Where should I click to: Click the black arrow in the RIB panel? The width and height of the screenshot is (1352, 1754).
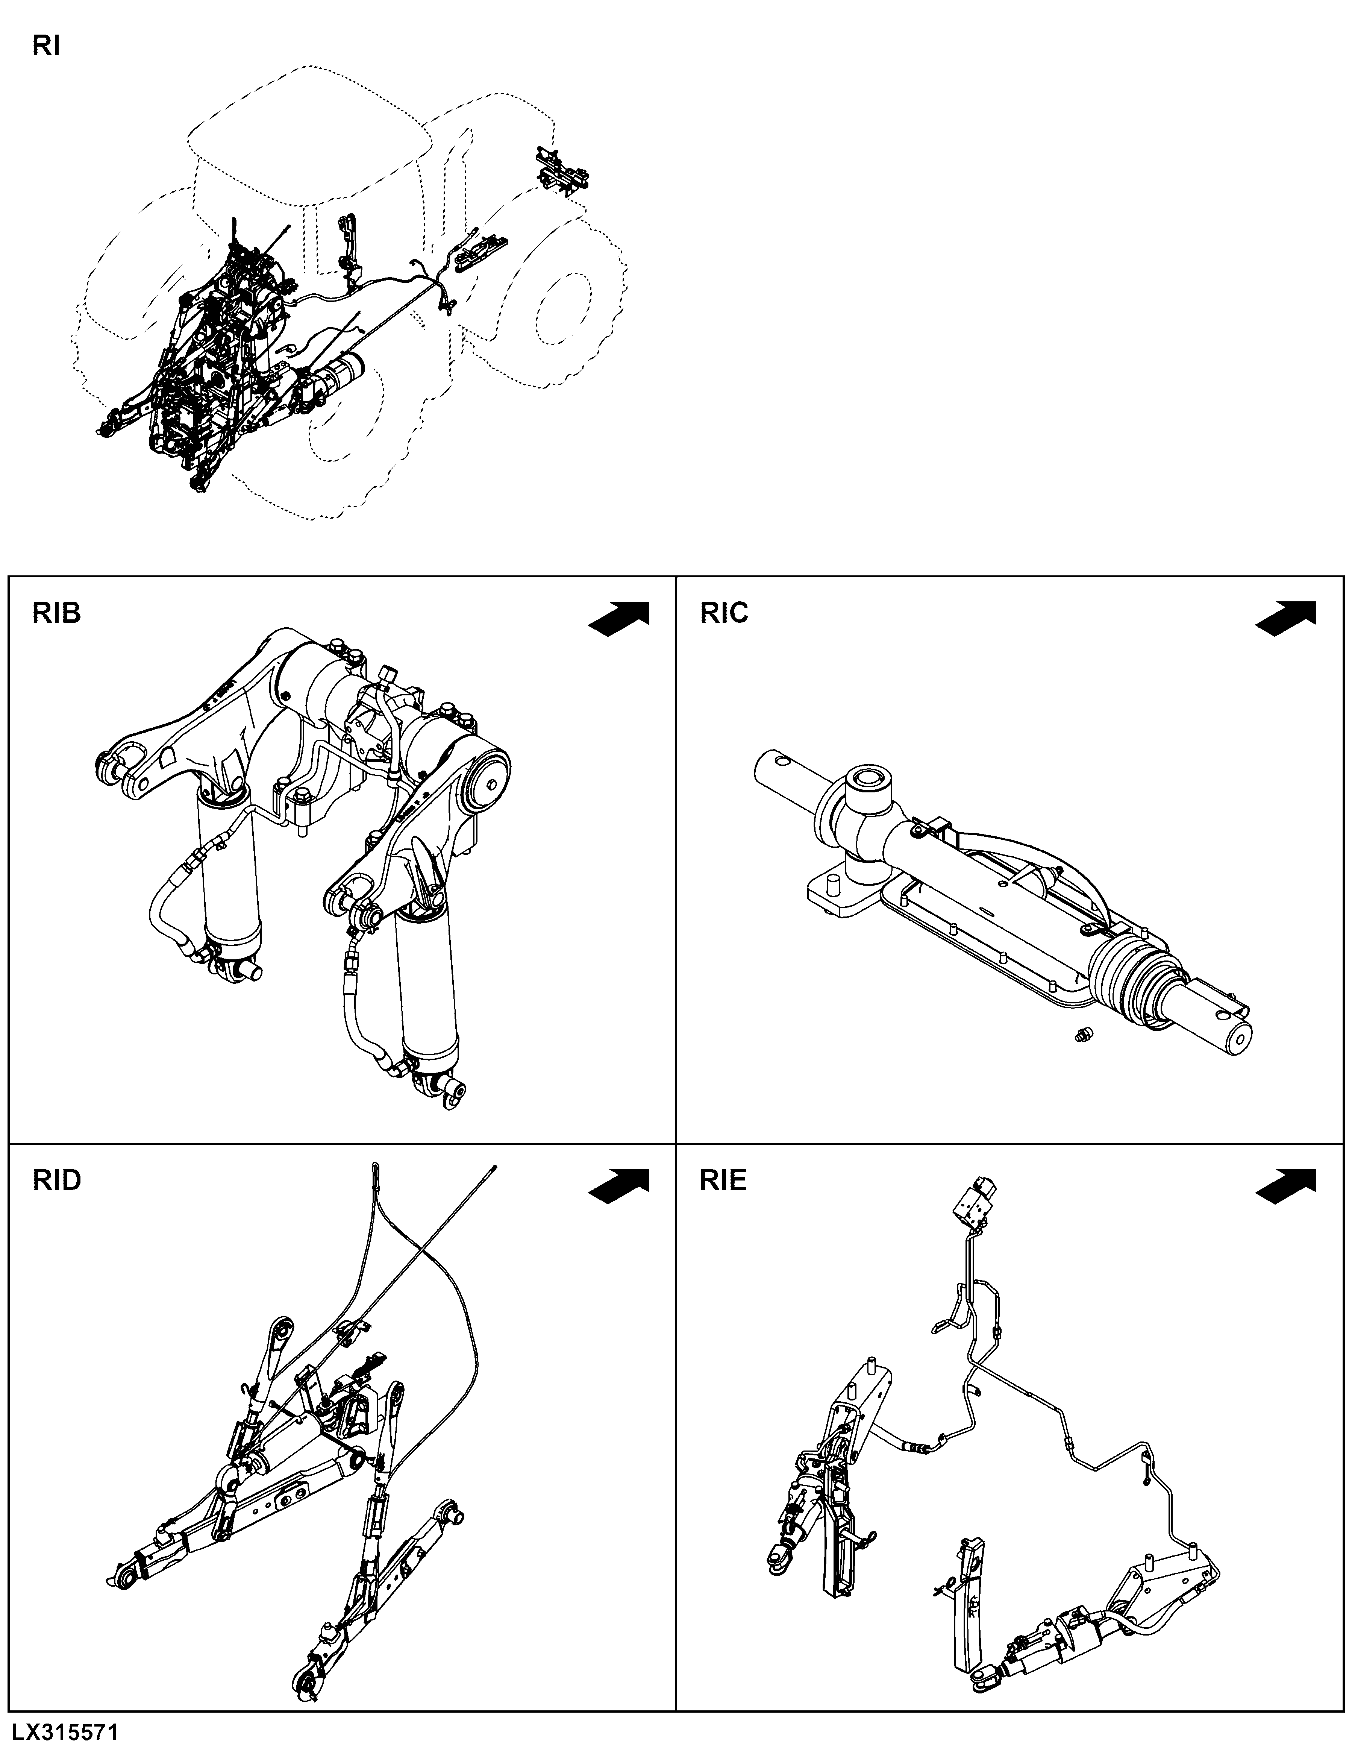tap(619, 619)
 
